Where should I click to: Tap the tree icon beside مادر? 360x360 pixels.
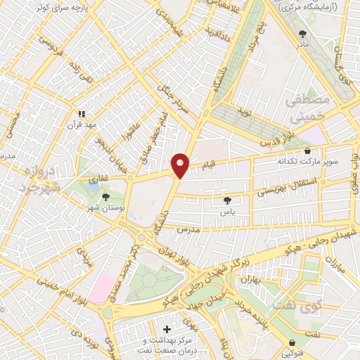tap(303, 33)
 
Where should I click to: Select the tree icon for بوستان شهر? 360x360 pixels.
tap(105, 198)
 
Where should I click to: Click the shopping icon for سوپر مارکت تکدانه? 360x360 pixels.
tap(307, 151)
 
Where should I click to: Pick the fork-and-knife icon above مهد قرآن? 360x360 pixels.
tap(82, 113)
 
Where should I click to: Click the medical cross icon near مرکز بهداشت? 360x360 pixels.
tap(167, 328)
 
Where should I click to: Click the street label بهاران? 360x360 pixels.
tap(252, 281)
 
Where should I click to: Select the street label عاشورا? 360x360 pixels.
tap(130, 128)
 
